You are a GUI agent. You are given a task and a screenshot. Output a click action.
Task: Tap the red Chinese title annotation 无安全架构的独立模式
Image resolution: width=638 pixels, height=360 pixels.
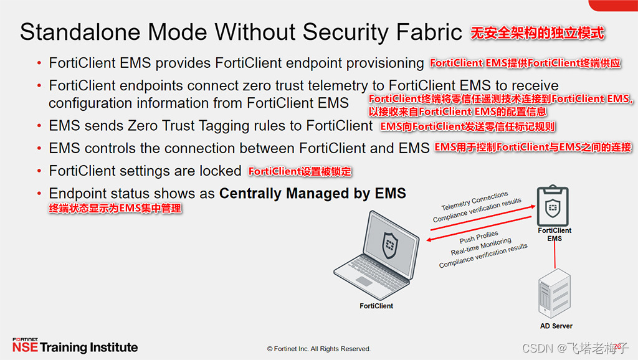(x=537, y=32)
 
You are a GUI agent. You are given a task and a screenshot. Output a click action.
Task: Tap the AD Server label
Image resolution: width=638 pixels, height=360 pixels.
(x=556, y=326)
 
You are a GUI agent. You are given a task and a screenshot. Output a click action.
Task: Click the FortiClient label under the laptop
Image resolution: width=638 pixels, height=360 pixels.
(x=376, y=306)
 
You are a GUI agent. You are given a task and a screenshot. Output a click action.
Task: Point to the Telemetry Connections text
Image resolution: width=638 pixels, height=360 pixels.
(x=475, y=201)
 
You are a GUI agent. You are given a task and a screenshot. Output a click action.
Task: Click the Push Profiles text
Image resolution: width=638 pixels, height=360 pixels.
(x=478, y=237)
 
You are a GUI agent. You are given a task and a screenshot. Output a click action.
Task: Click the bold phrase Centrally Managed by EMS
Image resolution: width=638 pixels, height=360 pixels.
(x=312, y=194)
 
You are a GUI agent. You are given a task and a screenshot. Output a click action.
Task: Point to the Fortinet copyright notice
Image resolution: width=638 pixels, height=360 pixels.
(x=318, y=349)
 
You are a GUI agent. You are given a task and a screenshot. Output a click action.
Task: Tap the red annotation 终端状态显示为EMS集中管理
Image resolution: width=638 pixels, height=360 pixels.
(x=115, y=209)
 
